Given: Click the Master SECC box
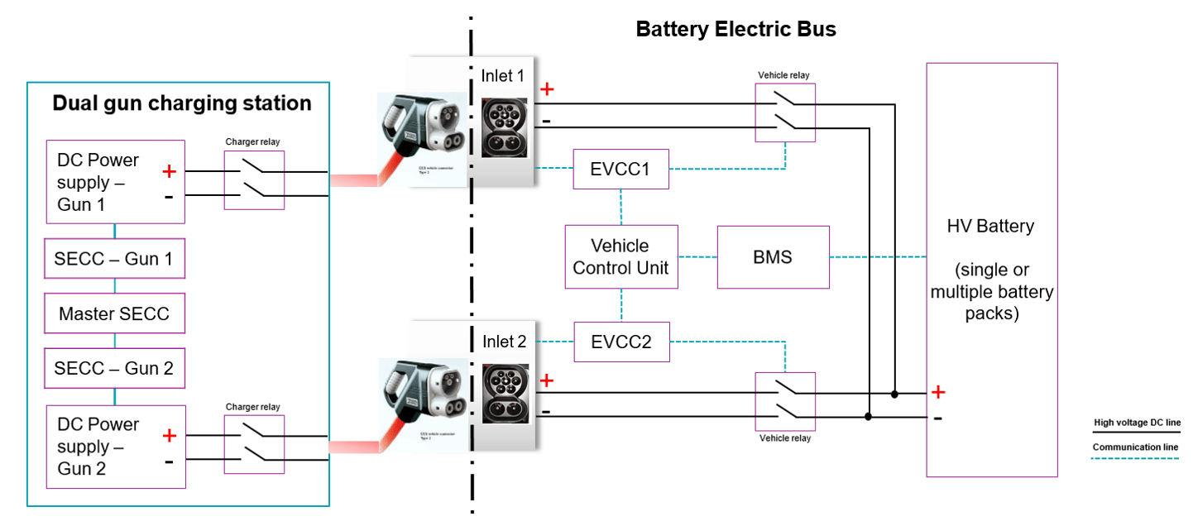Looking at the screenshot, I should pos(114,313).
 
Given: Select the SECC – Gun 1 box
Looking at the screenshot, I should pos(114,259).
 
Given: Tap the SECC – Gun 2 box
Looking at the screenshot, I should pos(114,368).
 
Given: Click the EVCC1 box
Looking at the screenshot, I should pos(620,169).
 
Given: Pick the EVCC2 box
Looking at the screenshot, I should pos(621,342).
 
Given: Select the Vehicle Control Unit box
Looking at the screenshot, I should pos(621,256).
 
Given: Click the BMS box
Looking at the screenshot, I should pos(773,256).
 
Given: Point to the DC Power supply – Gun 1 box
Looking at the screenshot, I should pos(114,182).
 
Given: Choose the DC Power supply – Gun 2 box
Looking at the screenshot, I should pos(114,447).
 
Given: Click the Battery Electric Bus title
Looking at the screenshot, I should pos(735,30).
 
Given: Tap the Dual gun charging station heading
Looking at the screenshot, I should pos(182,103).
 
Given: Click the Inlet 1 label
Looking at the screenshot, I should pos(503,76).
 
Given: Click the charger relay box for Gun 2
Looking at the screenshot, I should pos(254,444).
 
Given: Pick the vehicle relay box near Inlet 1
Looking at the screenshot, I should pos(784,112).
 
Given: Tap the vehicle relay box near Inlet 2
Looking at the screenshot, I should pos(785,401).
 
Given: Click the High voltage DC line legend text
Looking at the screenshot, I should pos(1137,423).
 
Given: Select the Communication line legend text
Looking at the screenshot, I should pos(1135,447).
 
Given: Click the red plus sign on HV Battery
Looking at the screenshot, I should pos(938,391).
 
